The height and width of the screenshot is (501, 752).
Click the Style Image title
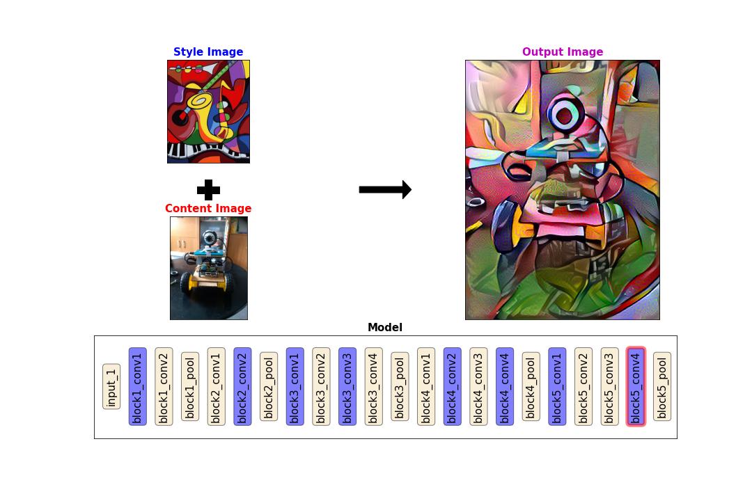(208, 52)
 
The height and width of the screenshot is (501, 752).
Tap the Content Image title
(208, 209)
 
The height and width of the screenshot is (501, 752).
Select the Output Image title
(563, 52)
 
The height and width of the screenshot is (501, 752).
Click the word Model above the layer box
(385, 328)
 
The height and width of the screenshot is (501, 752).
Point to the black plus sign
(208, 189)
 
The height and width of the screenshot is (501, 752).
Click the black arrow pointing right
(385, 189)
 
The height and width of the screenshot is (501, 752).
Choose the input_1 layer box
(111, 386)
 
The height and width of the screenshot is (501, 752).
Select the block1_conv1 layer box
(138, 386)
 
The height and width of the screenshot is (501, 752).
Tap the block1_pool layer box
(190, 386)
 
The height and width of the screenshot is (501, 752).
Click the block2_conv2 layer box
(242, 386)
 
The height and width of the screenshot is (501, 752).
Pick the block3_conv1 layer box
(295, 386)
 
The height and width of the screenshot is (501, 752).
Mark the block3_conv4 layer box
(373, 386)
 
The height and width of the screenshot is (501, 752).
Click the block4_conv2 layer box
(452, 386)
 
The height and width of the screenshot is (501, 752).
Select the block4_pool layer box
(531, 386)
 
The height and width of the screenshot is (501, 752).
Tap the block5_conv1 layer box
(557, 386)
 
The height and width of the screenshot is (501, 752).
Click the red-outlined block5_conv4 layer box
(636, 386)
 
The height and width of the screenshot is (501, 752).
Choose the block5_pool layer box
(662, 386)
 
